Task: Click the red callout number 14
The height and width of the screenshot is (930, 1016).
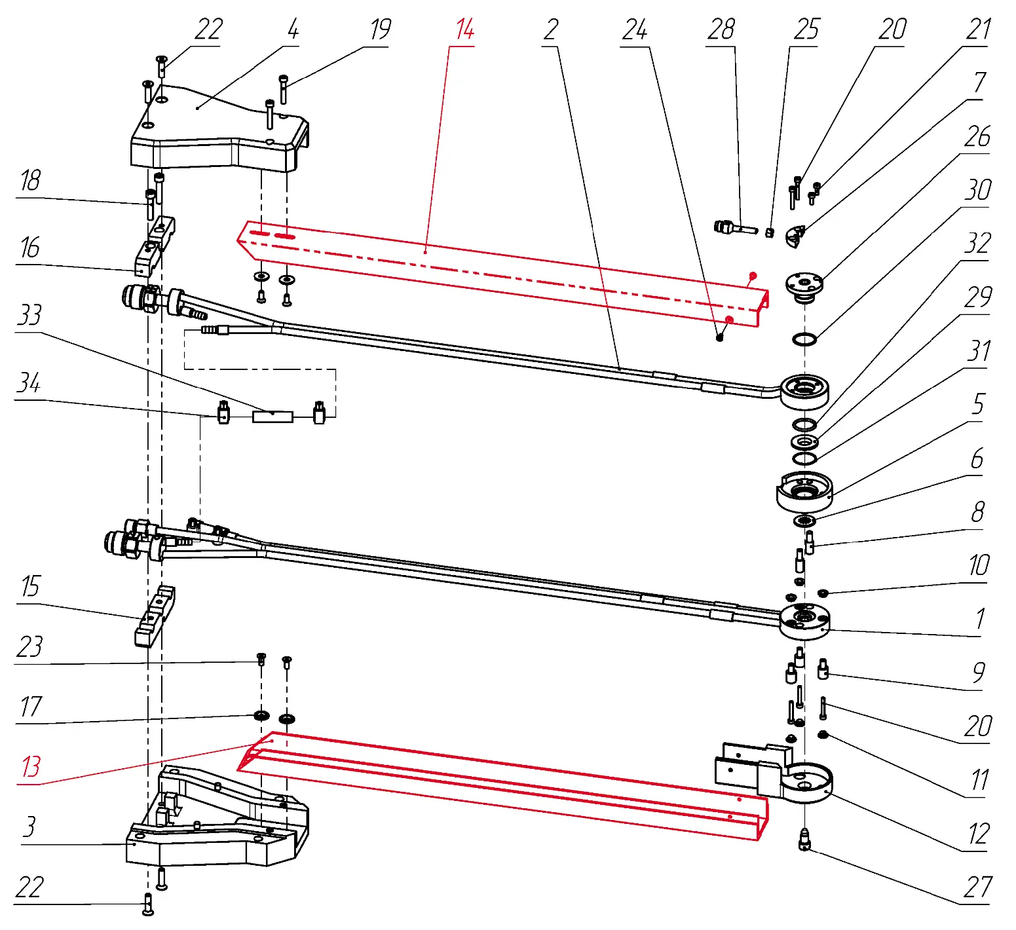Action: pyautogui.click(x=464, y=30)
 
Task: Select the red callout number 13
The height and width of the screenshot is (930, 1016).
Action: pyautogui.click(x=31, y=766)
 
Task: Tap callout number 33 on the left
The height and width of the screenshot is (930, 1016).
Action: pyautogui.click(x=29, y=315)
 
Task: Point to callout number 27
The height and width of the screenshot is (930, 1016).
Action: pyautogui.click(x=977, y=888)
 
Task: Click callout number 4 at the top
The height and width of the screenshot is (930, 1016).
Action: pyautogui.click(x=293, y=30)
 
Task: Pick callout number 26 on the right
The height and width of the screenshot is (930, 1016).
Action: pyautogui.click(x=977, y=137)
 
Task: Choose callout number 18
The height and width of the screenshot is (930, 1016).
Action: pyautogui.click(x=30, y=181)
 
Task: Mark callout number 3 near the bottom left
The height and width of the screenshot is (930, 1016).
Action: pyautogui.click(x=29, y=827)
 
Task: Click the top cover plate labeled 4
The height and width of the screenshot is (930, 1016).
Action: pyautogui.click(x=216, y=131)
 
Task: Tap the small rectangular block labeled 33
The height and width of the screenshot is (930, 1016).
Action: pyautogui.click(x=273, y=416)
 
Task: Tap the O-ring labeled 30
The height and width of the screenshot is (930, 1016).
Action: pyautogui.click(x=804, y=339)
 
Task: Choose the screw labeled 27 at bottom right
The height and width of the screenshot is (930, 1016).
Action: pyautogui.click(x=804, y=840)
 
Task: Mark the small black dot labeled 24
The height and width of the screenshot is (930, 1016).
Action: pyautogui.click(x=719, y=337)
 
